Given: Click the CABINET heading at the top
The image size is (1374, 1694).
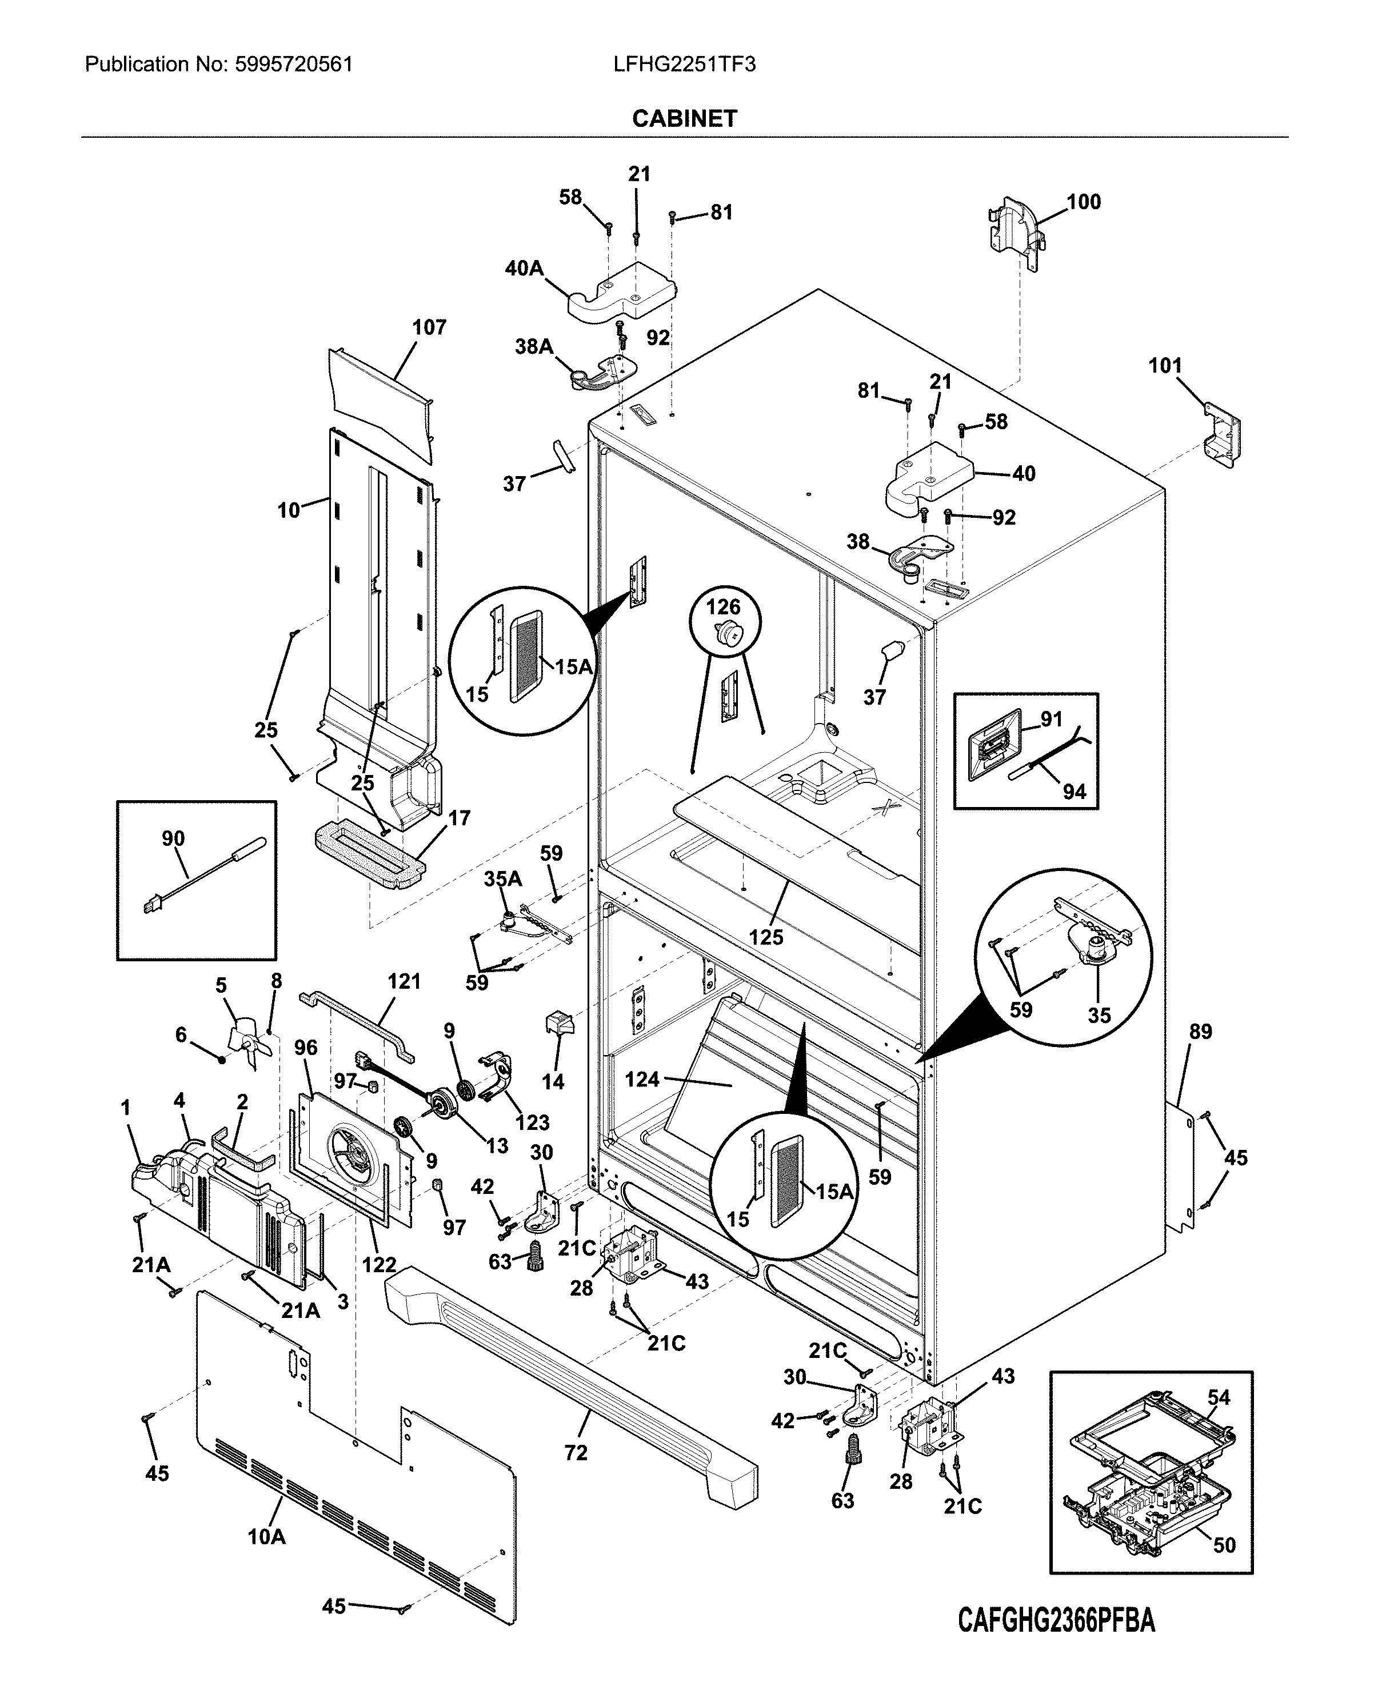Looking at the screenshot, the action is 685,119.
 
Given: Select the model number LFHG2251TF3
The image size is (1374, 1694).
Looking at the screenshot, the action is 685,64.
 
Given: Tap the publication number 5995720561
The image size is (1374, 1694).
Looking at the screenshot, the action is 294,64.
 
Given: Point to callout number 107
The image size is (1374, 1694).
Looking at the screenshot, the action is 429,327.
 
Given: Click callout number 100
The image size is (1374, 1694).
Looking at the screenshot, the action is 1084,202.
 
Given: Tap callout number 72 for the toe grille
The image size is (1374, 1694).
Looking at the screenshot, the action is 576,1453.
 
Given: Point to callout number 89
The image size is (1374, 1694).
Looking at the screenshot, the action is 1201,1032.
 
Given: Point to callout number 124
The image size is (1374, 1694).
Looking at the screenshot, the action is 642,1078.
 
